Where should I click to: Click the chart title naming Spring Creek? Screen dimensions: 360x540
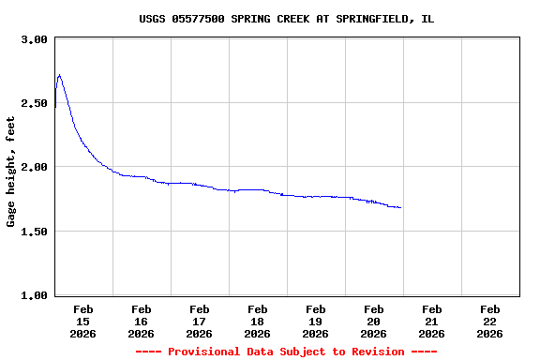[286, 19]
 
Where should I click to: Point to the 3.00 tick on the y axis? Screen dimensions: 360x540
[35, 39]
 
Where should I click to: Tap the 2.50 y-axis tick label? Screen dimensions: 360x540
[35, 103]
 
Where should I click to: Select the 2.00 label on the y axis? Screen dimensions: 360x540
[35, 167]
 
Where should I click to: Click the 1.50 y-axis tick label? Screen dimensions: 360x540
[35, 232]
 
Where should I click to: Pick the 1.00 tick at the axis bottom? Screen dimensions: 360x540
[35, 295]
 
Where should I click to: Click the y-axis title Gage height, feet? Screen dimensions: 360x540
[11, 172]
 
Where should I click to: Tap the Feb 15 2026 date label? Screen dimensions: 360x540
[82, 321]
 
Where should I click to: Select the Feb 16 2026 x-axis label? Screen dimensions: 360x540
[141, 321]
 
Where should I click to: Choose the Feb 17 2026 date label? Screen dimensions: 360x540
[199, 321]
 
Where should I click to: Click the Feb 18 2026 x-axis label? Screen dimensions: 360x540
[257, 321]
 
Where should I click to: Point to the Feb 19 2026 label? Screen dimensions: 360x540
[315, 321]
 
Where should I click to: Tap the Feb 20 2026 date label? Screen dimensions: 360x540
[373, 321]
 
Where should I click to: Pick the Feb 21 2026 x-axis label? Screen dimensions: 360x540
[431, 321]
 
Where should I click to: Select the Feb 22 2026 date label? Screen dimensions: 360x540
[489, 321]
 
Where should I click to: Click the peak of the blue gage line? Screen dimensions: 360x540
[59, 75]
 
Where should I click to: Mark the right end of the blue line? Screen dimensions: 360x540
[401, 207]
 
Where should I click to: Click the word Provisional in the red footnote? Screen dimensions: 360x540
[204, 352]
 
